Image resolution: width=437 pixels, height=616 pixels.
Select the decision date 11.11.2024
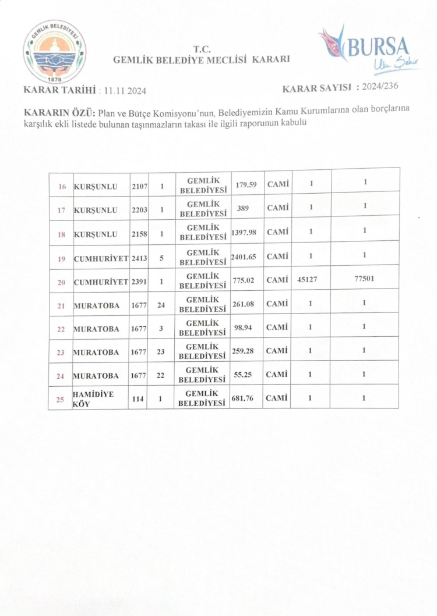coord(124,91)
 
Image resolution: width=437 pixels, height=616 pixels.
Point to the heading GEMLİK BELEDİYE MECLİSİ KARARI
coord(200,59)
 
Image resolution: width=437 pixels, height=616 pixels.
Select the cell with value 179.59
coord(246,185)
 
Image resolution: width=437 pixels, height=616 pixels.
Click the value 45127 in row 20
coord(310,279)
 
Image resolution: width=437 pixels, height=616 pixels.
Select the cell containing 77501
coord(364,279)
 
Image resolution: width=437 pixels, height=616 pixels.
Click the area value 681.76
coord(244,398)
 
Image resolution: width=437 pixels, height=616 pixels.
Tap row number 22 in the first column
coord(61,329)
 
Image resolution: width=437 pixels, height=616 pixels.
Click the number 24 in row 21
coord(161,304)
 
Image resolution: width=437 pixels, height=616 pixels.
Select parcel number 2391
coord(139,281)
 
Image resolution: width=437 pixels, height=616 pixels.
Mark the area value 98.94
coord(242,328)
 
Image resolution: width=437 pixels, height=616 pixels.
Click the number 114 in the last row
coord(138,399)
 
